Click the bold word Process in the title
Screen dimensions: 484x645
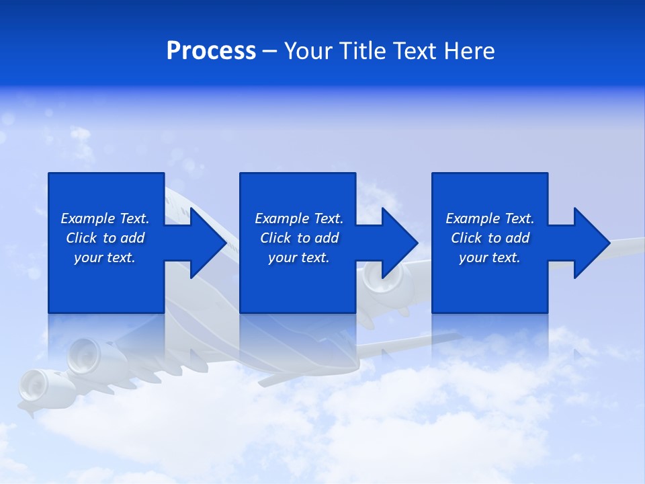coord(211,51)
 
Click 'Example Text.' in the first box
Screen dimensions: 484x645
coord(105,218)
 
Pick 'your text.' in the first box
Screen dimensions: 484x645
coord(105,257)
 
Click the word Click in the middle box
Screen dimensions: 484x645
coord(275,238)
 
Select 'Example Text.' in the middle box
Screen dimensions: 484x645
coord(299,218)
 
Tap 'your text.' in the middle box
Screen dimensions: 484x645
coord(299,257)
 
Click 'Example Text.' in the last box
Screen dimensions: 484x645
coord(490,218)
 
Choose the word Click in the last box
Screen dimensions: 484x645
coord(466,238)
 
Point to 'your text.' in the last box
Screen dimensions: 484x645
coord(490,257)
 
